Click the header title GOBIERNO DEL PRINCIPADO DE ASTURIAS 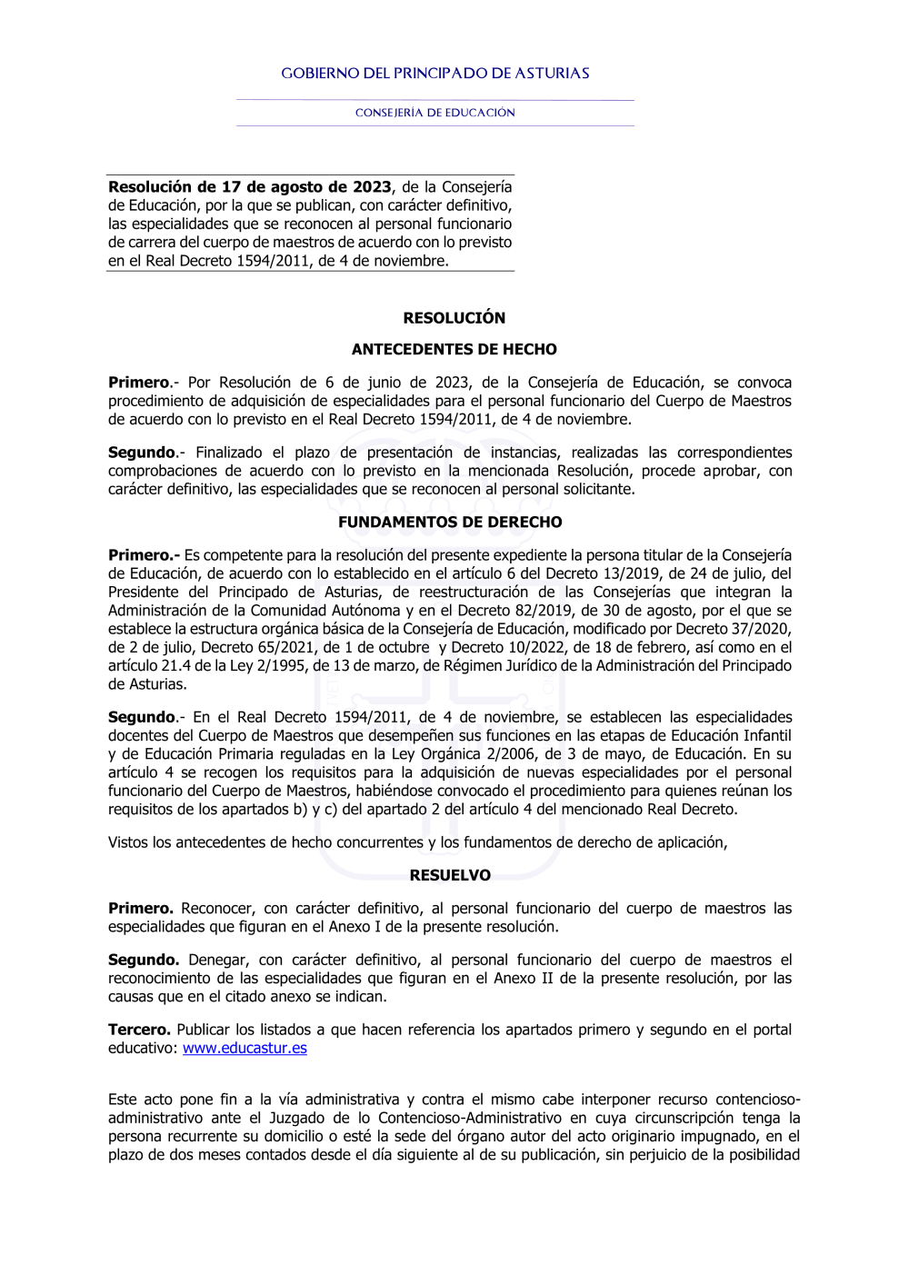435,74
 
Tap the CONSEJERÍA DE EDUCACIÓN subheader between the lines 435,113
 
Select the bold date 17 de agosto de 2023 306,187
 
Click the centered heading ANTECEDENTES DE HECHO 454,350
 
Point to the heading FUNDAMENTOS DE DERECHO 450,523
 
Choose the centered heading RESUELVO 450,875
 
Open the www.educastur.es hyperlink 245,1048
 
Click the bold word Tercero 139,1030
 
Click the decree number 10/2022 531,647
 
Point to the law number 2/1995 278,665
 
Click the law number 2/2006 508,753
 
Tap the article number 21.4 177,665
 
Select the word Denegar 218,960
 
